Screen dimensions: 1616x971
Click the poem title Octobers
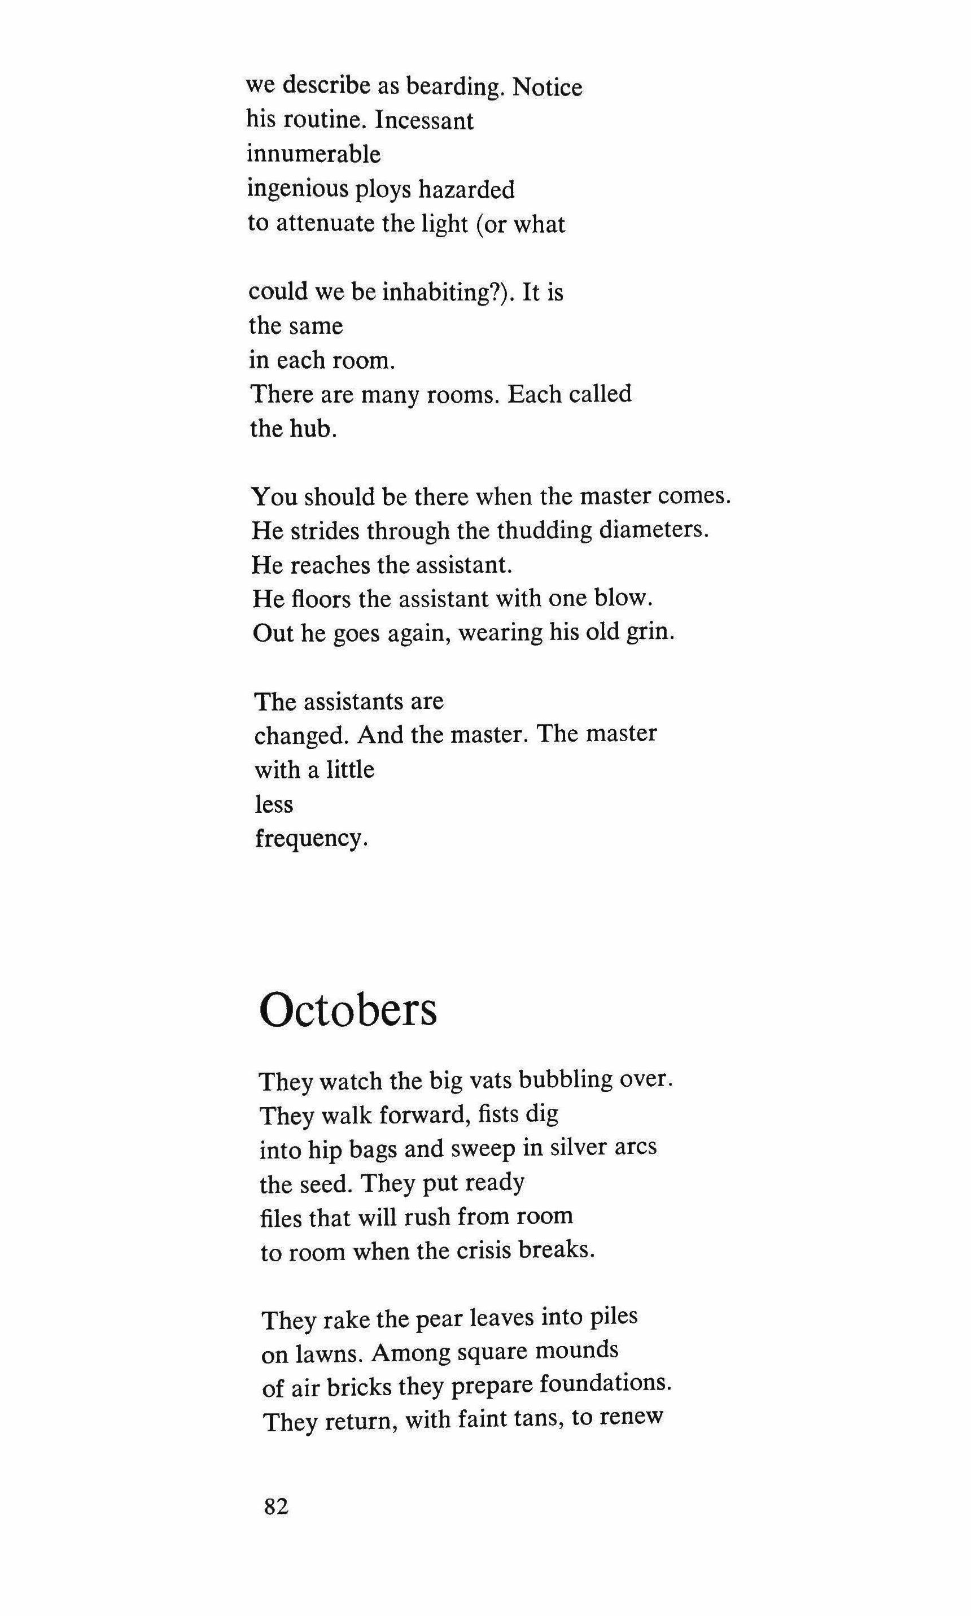(x=348, y=1010)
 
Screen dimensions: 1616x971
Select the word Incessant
(x=425, y=120)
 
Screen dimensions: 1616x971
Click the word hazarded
(x=466, y=189)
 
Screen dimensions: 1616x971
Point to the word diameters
(x=654, y=530)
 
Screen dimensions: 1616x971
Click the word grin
(x=649, y=633)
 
